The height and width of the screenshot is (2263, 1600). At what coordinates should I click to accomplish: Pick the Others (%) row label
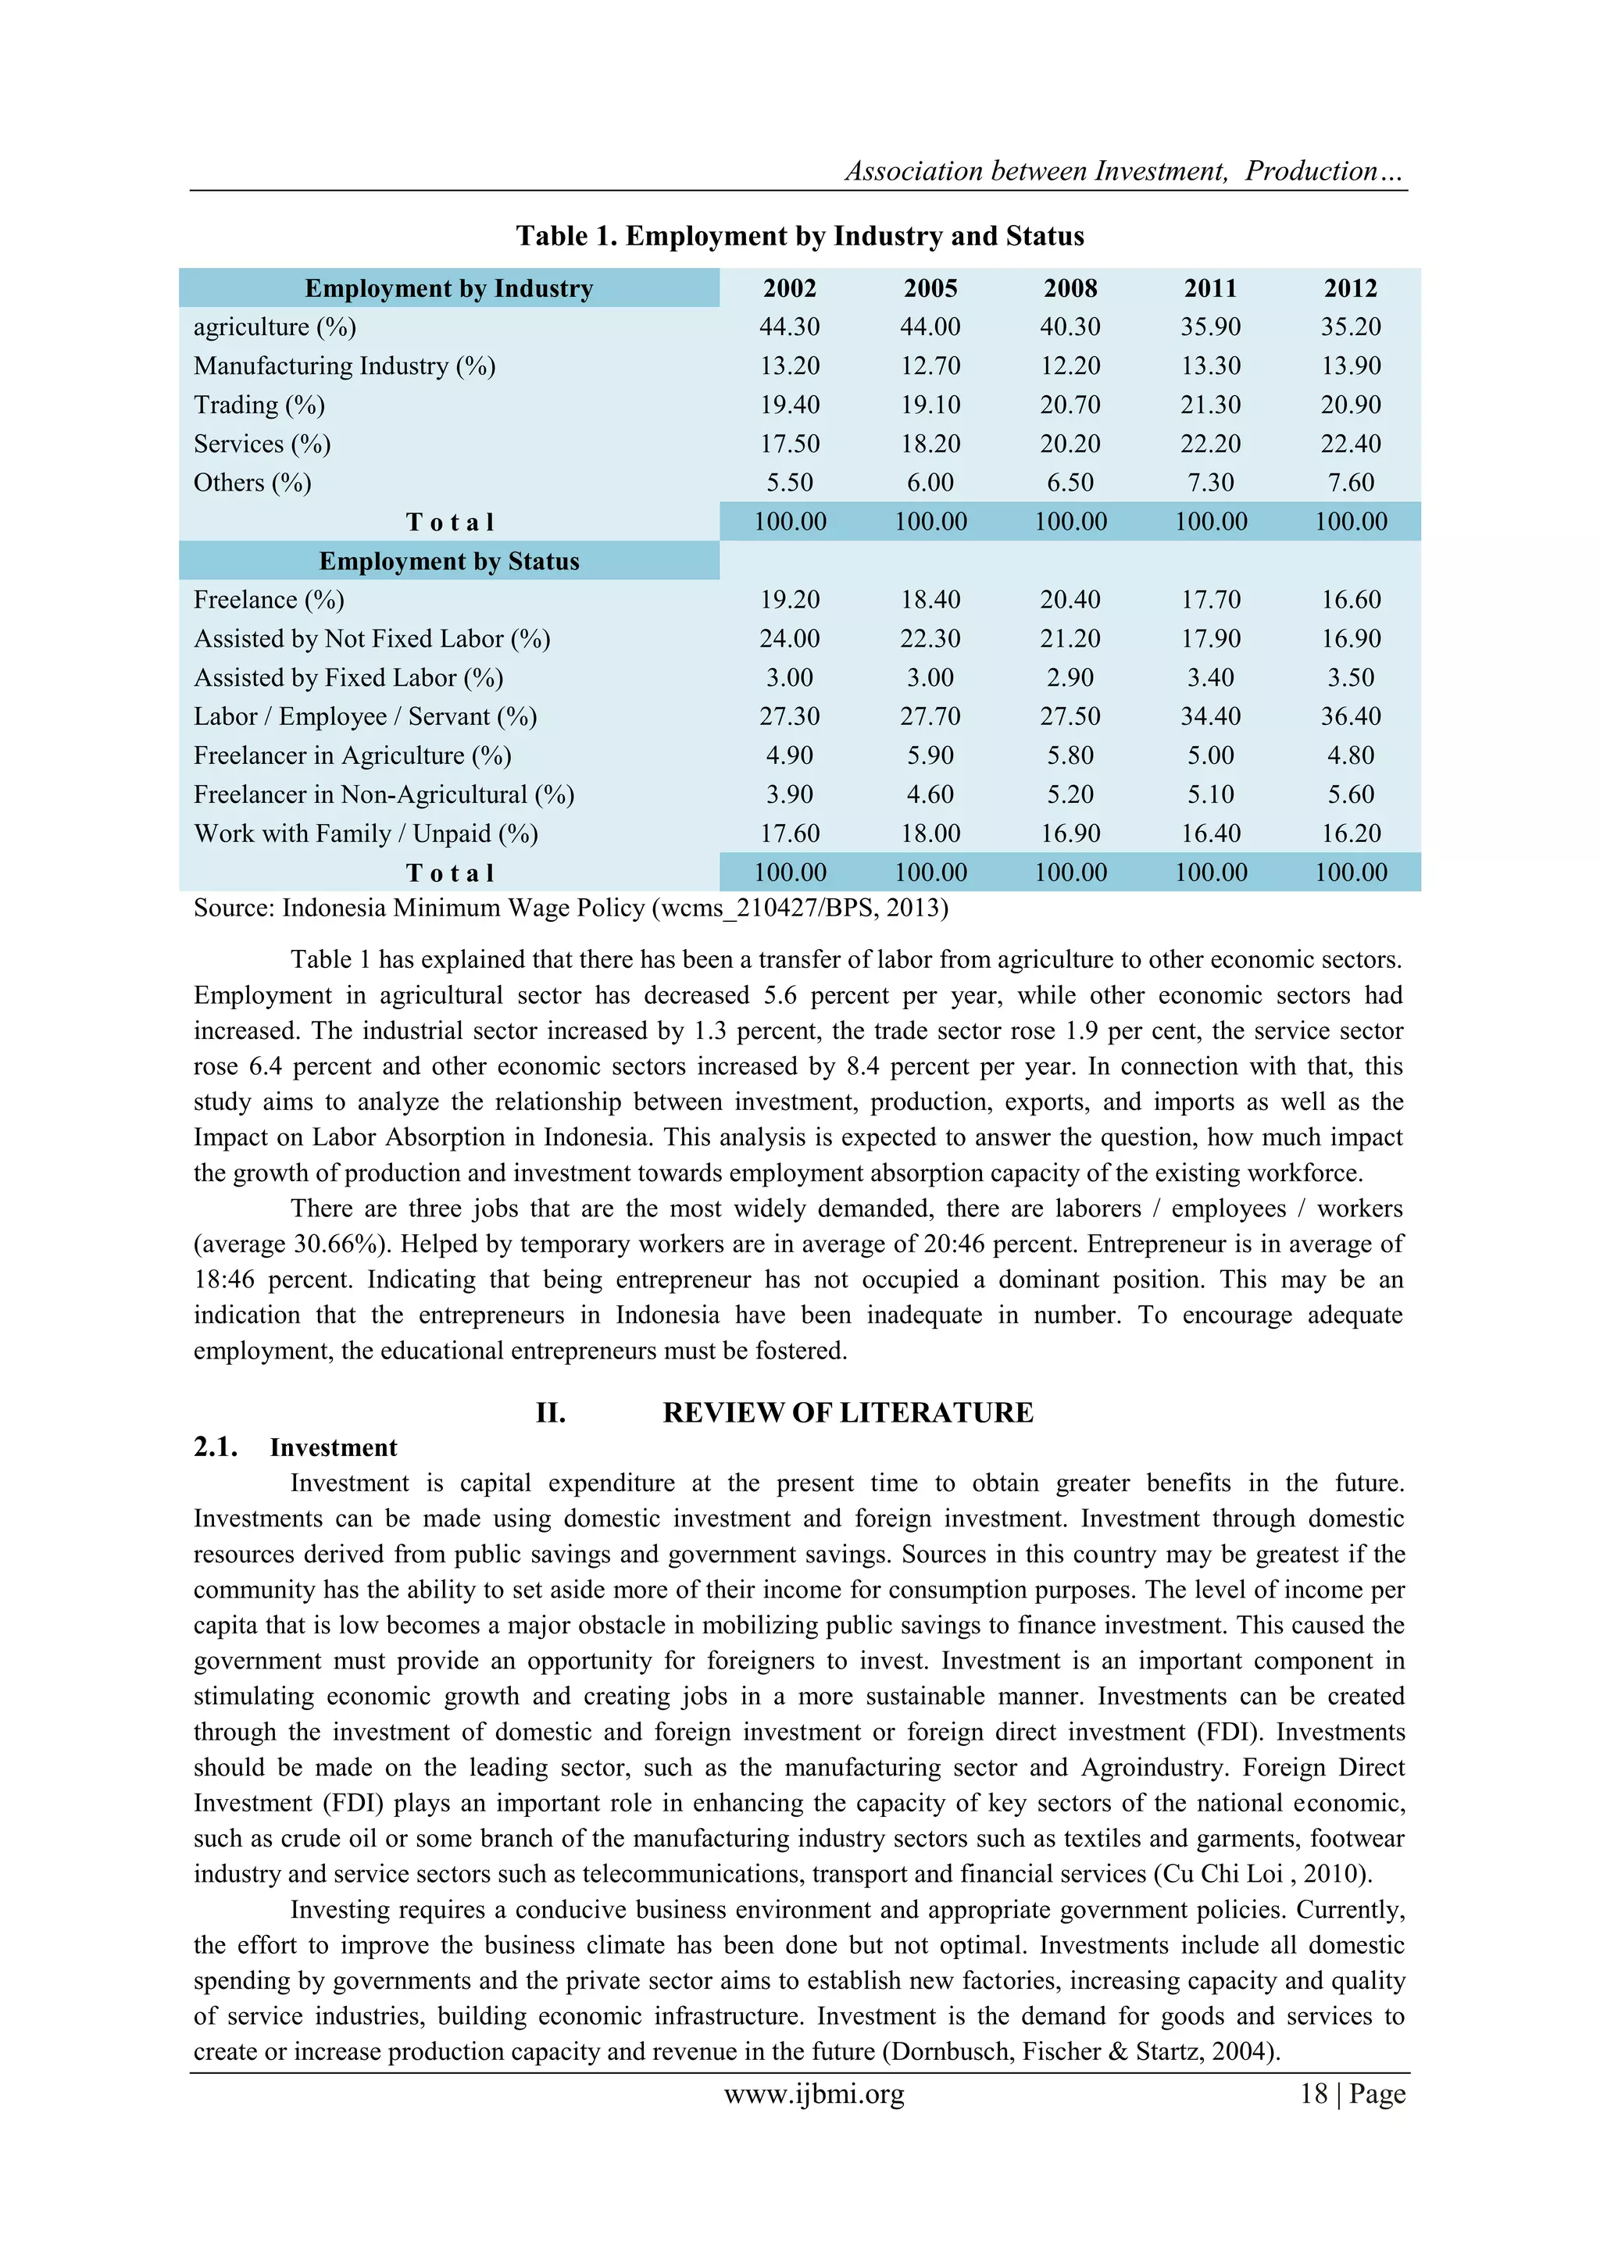pyautogui.click(x=252, y=483)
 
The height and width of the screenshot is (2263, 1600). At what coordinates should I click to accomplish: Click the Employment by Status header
pyautogui.click(x=448, y=561)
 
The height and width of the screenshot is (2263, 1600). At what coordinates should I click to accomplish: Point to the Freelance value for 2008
pyautogui.click(x=1070, y=599)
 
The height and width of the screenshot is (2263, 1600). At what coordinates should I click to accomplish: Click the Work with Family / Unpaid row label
pyautogui.click(x=366, y=833)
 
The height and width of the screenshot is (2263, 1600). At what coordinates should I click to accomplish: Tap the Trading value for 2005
pyautogui.click(x=930, y=405)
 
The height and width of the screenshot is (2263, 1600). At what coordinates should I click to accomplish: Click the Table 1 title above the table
pyautogui.click(x=799, y=236)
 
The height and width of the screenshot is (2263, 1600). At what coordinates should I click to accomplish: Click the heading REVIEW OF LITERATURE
pyautogui.click(x=847, y=1412)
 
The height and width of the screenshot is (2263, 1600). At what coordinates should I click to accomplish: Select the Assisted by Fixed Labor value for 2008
pyautogui.click(x=1070, y=678)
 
